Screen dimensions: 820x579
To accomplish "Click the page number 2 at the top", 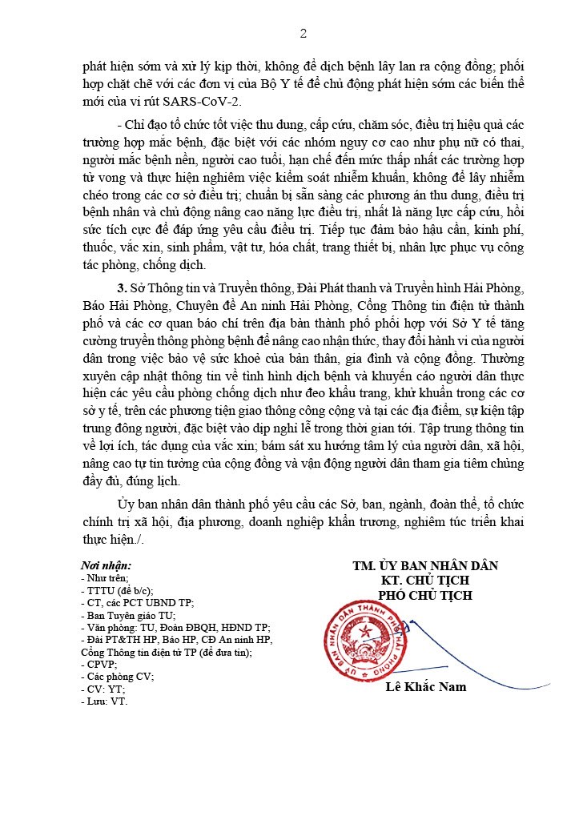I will (303, 33).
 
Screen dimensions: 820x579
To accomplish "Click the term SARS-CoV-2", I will (207, 101).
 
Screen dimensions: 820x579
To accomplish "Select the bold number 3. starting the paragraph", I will (122, 287).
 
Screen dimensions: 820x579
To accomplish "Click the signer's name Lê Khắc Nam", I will (425, 686).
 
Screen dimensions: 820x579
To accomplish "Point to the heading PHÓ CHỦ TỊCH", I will (425, 595).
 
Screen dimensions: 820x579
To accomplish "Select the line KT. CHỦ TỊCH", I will (425, 580).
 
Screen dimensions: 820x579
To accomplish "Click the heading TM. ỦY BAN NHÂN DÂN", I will (425, 565).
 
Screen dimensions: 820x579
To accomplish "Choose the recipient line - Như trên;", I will (105, 577).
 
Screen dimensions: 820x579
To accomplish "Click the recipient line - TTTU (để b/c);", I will (117, 590).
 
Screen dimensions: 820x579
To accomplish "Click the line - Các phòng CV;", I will (117, 676).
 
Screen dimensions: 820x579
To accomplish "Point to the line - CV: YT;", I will (105, 689).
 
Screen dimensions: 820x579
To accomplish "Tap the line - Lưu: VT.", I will (104, 701).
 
